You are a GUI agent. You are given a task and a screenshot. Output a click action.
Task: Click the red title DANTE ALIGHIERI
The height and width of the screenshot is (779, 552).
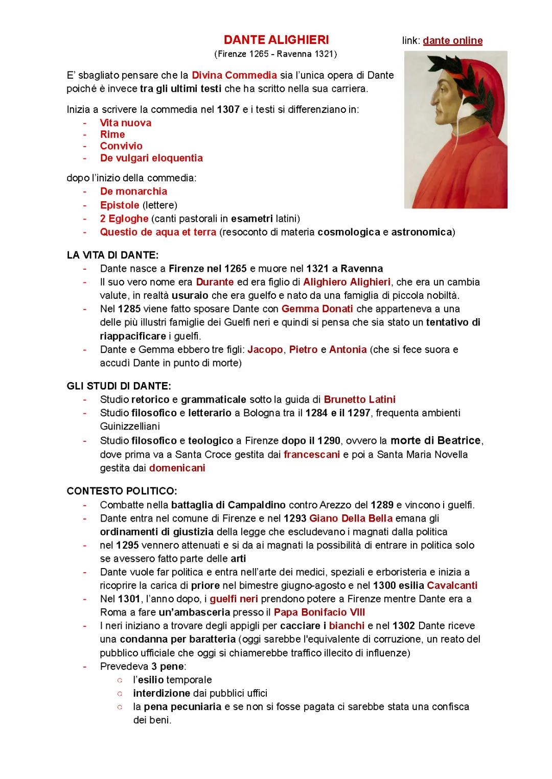click(x=276, y=40)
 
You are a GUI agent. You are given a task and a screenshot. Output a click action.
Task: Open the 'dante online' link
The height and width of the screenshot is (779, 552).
click(x=452, y=40)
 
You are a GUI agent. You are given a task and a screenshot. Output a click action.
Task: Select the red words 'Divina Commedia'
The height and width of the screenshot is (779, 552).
click(x=234, y=75)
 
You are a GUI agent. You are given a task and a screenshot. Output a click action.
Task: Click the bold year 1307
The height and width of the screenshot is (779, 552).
click(x=228, y=109)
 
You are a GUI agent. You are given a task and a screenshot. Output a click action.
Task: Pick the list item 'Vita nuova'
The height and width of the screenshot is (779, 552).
click(x=125, y=123)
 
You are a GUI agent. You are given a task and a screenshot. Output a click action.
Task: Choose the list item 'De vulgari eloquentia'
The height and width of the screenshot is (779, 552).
click(x=151, y=158)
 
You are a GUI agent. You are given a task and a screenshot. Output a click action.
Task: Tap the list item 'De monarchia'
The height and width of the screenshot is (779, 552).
click(x=133, y=191)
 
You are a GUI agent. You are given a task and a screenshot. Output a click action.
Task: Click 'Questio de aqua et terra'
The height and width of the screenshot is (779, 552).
click(x=158, y=232)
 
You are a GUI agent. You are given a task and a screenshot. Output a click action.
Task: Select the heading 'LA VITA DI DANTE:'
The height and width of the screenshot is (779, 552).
click(x=112, y=255)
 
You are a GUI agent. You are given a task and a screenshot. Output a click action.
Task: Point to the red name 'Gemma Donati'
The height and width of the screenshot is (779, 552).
click(x=317, y=309)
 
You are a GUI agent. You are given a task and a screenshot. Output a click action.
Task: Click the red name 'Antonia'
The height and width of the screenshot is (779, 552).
click(x=348, y=349)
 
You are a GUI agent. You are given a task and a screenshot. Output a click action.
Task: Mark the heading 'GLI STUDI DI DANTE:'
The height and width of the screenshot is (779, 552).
click(x=119, y=386)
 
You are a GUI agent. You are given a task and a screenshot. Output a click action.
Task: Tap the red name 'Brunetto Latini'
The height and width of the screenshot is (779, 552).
click(x=359, y=399)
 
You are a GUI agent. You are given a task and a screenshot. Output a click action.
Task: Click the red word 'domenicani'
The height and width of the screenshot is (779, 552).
click(x=177, y=468)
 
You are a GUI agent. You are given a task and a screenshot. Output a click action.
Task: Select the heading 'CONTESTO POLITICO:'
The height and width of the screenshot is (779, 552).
click(x=122, y=491)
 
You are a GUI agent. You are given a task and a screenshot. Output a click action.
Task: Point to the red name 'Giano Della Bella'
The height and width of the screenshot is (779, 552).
click(x=351, y=518)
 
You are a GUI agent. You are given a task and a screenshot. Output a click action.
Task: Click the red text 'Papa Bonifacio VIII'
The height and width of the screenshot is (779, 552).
click(x=319, y=612)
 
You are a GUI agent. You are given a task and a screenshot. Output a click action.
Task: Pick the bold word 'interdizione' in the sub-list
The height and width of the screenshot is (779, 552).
click(x=162, y=693)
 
